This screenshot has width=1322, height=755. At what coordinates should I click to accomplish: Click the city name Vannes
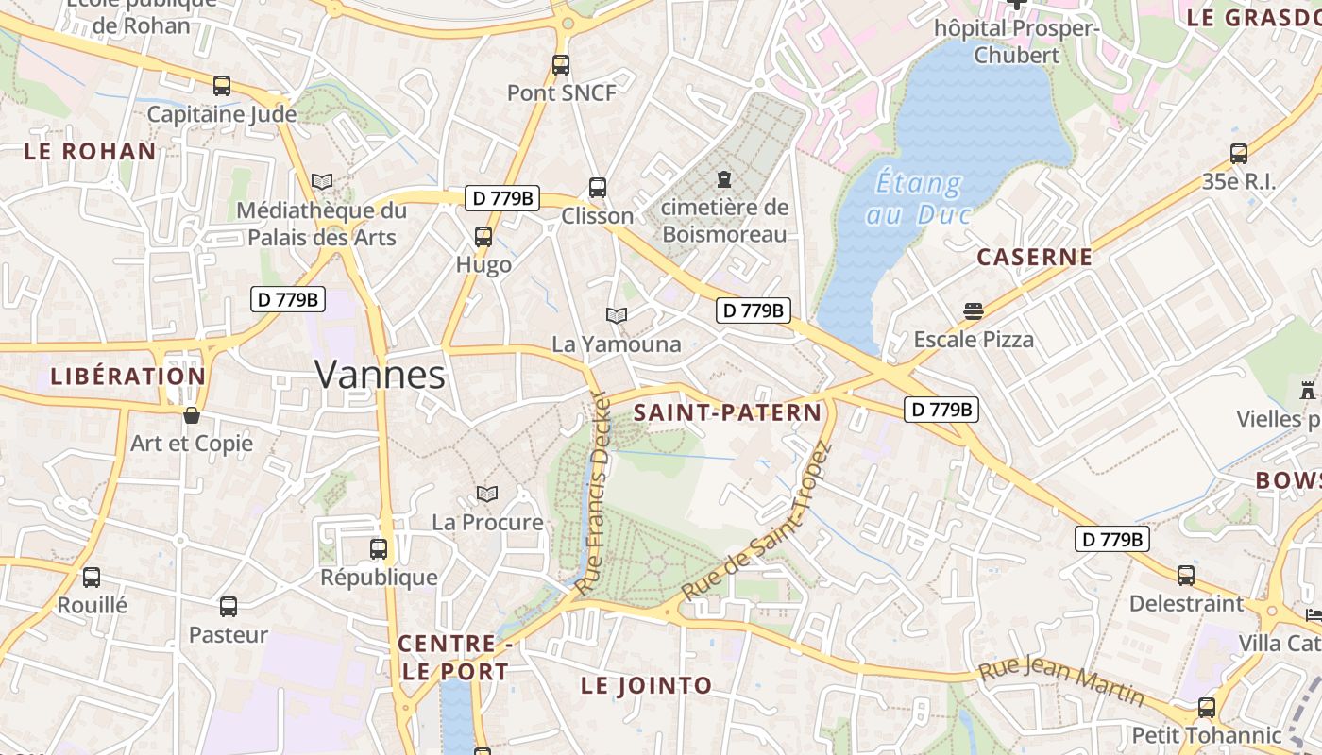(380, 375)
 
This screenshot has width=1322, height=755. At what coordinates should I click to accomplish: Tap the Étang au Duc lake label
(918, 198)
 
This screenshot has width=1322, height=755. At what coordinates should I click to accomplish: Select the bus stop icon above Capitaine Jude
(222, 86)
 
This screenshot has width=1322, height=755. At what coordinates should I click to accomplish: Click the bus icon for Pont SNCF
(561, 65)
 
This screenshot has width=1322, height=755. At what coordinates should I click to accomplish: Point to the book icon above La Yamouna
(617, 315)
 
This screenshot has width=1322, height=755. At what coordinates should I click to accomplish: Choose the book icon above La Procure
(487, 494)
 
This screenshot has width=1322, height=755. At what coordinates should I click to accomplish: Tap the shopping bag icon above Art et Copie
(192, 415)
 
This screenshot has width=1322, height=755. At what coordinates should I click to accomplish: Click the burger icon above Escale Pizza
(974, 310)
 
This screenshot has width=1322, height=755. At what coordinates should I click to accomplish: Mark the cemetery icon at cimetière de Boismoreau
(724, 178)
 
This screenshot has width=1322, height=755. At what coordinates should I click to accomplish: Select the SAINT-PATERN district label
(728, 412)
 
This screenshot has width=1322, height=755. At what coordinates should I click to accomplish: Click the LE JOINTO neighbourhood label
(647, 686)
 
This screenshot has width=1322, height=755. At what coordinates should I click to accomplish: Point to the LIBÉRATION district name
(128, 377)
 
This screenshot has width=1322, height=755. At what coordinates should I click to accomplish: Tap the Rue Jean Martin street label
(1061, 682)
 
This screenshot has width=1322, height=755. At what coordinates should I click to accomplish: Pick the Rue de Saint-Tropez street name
(755, 523)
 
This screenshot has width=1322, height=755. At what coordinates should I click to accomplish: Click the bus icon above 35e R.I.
(1239, 153)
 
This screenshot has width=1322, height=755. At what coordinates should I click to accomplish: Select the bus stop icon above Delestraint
(1186, 575)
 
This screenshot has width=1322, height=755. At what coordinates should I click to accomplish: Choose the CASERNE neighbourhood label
(1035, 257)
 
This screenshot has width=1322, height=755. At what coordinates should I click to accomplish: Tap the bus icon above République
(379, 548)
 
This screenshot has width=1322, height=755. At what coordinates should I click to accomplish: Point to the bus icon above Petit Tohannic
(1207, 707)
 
